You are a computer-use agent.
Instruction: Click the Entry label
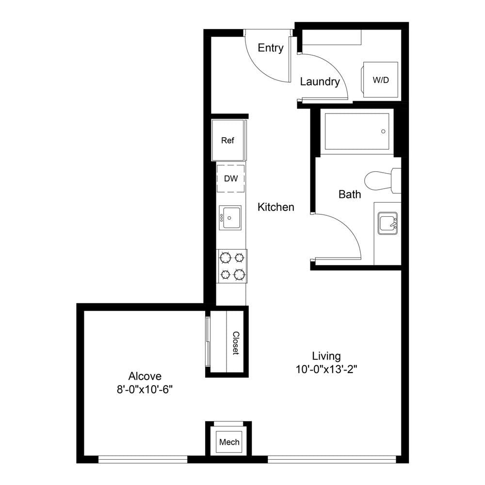(x=271, y=48)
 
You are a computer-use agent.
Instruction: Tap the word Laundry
(x=320, y=81)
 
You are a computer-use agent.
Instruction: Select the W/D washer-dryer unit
(x=380, y=80)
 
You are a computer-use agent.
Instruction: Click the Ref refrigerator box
(x=228, y=141)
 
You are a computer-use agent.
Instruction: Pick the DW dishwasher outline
(x=231, y=178)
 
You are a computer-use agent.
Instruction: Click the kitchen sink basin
(x=230, y=217)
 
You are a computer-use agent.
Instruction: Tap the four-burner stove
(x=232, y=266)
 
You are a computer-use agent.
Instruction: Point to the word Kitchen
(x=276, y=207)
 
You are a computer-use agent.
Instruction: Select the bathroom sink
(x=388, y=223)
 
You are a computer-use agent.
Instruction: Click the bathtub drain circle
(x=383, y=131)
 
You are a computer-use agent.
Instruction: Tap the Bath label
(x=350, y=194)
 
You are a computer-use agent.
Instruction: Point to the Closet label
(x=236, y=343)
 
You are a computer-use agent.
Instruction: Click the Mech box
(x=229, y=442)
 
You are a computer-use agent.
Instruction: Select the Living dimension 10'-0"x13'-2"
(x=326, y=369)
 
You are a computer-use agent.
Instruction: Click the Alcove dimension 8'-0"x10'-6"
(x=145, y=389)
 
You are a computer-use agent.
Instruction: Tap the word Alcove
(x=145, y=376)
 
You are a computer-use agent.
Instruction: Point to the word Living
(x=326, y=356)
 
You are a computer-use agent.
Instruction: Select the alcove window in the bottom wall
(x=143, y=459)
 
